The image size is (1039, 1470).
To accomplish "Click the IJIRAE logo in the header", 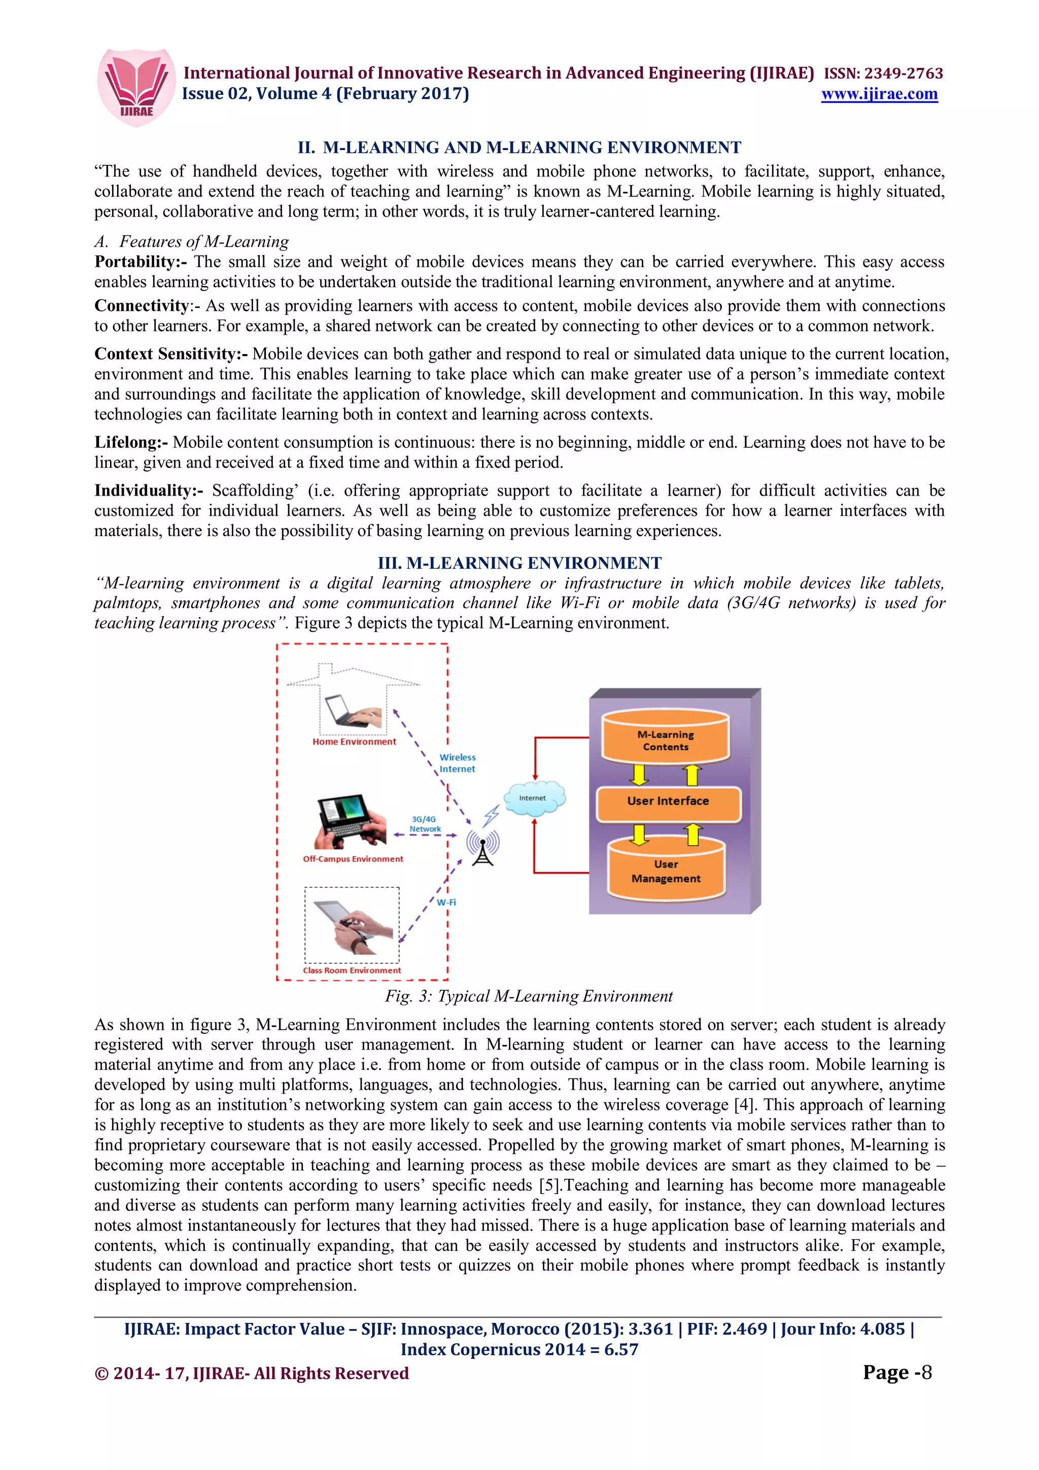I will (136, 86).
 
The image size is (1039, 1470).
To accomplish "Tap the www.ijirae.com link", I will (879, 94).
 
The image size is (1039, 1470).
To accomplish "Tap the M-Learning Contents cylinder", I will (665, 740).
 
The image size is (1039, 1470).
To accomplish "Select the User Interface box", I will (668, 801).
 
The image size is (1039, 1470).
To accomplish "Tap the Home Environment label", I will (354, 742).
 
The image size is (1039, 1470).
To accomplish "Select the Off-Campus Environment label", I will (353, 859).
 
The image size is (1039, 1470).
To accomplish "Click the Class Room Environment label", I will (352, 970).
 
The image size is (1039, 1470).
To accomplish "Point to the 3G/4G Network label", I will (425, 824).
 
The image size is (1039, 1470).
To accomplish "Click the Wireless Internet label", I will (457, 763).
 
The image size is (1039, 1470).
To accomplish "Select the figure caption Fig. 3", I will (528, 996).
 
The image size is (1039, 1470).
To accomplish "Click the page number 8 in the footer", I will (926, 1372).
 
